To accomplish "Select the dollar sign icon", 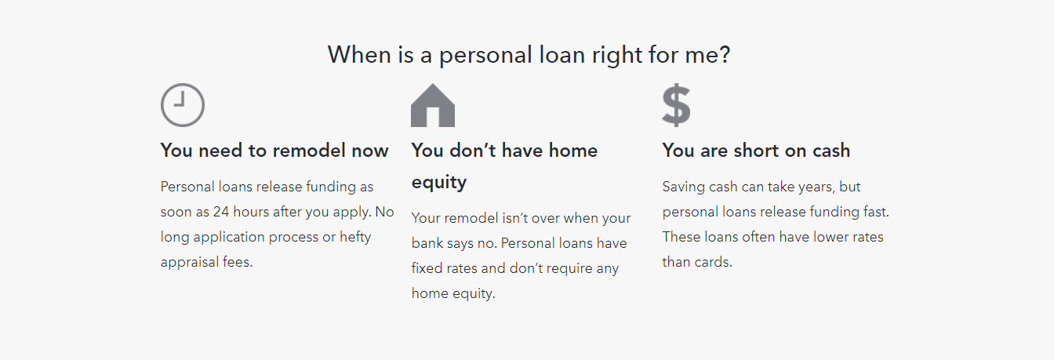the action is (676, 105).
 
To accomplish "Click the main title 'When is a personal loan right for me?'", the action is (529, 55).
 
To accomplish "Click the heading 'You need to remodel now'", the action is (274, 151).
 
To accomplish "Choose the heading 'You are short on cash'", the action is (756, 151).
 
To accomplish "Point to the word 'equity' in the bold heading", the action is (439, 183).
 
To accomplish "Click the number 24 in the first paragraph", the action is (221, 212).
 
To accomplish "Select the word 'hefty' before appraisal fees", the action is (355, 237).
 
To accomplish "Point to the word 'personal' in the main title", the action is (485, 56).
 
